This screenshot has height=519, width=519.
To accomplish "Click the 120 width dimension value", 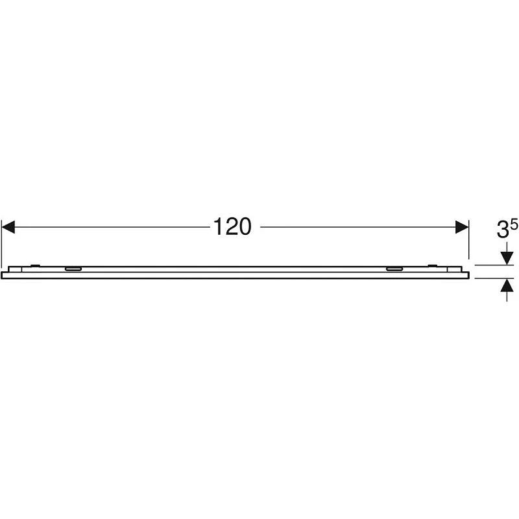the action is [232, 226].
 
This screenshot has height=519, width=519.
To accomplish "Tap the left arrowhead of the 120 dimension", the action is [8, 227].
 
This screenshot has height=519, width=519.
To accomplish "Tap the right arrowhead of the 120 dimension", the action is [462, 227].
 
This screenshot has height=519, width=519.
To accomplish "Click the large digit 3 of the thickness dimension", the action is [503, 230].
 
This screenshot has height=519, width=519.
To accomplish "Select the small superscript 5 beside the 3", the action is [514, 225].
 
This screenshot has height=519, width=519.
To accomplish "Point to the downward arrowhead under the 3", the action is [507, 258].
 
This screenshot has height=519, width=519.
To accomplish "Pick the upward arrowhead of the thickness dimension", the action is [507, 285].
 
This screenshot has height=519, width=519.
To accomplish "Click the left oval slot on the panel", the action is [73, 269].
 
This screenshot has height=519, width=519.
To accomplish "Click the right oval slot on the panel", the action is [394, 269].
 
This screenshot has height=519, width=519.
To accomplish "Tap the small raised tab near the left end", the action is [35, 265].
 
